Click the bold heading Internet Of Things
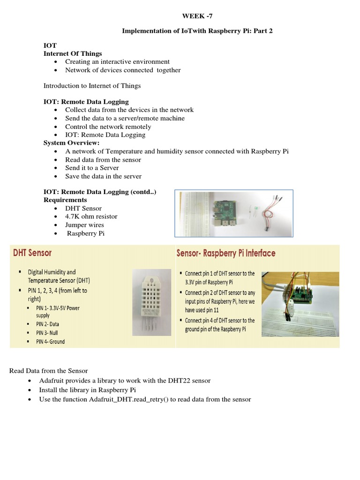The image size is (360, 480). pos(73,53)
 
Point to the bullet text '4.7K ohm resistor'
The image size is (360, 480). pos(91,217)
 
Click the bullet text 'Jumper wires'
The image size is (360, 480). pos(84,225)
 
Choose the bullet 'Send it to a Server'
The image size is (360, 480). pos(92,168)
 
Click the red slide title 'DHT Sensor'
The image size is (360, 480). pos(32,253)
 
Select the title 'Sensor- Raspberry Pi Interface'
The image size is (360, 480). pos(225,253)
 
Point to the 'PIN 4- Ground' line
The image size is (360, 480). pos(51,342)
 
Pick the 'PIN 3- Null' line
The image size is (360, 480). pos(47,333)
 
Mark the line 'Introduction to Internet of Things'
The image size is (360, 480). pos(92,86)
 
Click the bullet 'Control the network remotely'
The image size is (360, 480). pos(108,127)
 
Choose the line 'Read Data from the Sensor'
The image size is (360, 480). pos(49,371)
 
